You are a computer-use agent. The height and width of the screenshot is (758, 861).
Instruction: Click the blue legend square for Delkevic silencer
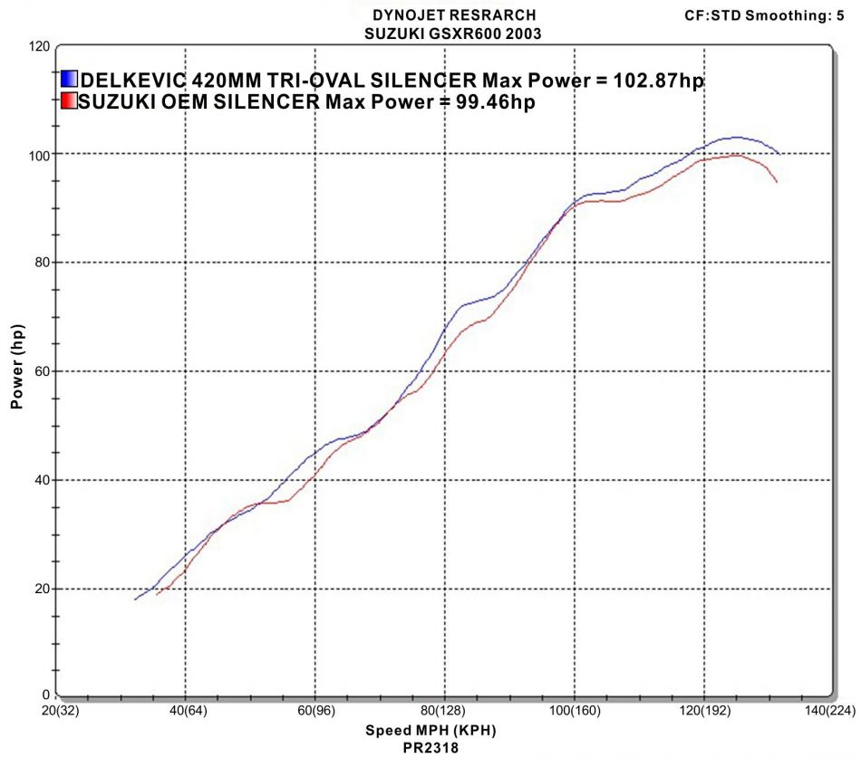(x=70, y=80)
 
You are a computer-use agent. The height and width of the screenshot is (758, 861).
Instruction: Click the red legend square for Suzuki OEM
(x=70, y=102)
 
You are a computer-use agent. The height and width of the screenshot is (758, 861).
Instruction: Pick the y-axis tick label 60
(x=40, y=371)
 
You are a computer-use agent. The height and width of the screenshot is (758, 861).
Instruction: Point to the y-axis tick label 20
(x=40, y=589)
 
